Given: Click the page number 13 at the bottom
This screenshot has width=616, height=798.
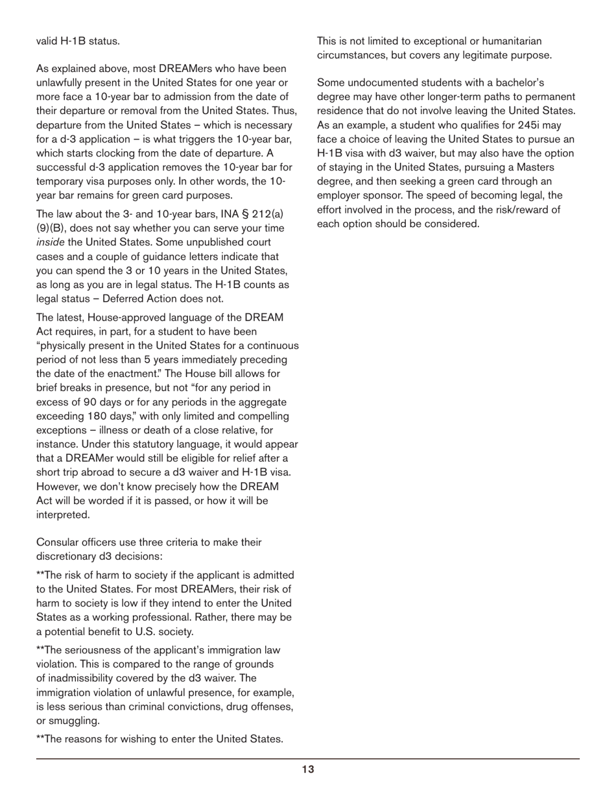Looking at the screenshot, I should tap(307, 769).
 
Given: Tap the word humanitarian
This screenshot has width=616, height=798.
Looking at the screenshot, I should tap(504, 41).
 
